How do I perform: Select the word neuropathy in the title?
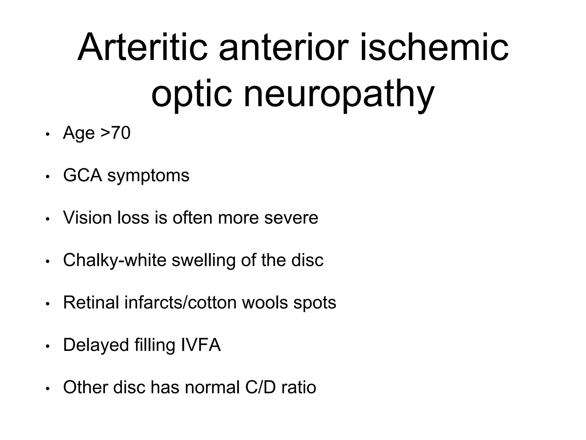click(339, 95)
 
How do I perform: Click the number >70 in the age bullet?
click(116, 133)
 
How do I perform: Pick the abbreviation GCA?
click(82, 175)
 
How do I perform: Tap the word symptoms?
click(148, 176)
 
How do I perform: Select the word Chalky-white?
click(115, 260)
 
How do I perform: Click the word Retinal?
click(91, 302)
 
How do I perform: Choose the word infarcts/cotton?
click(181, 302)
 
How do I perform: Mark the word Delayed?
click(96, 345)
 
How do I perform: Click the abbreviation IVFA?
click(201, 345)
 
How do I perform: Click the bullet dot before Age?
click(48, 134)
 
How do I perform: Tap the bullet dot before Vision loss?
click(48, 219)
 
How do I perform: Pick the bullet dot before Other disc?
click(48, 389)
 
